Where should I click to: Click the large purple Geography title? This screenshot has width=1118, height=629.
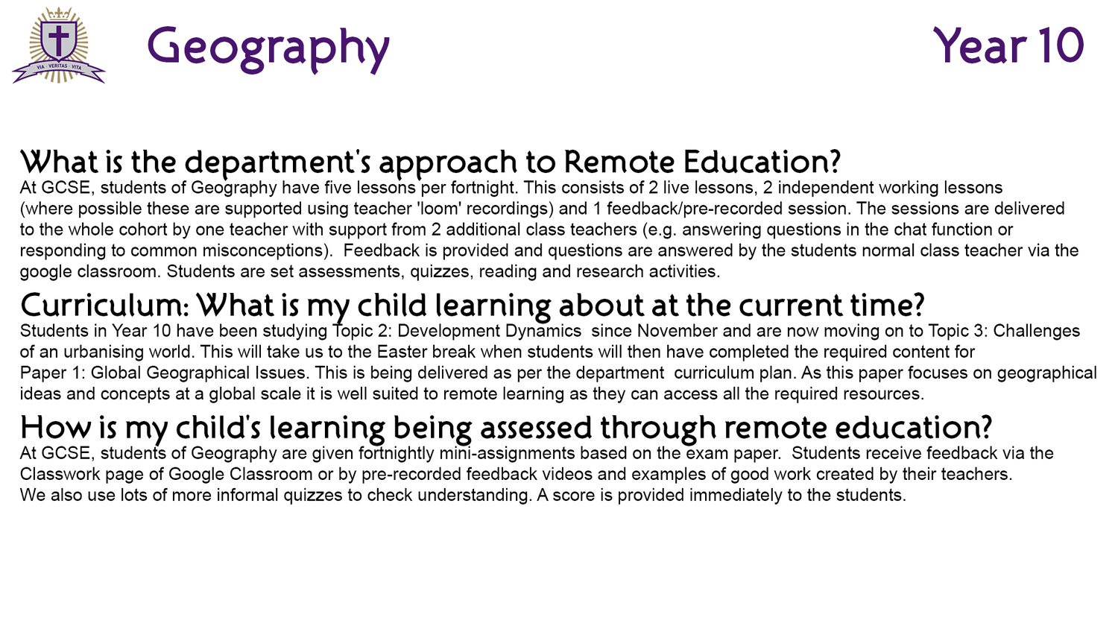click(268, 49)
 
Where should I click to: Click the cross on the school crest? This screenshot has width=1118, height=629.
click(59, 39)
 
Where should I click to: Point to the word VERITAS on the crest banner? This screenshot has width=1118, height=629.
click(58, 66)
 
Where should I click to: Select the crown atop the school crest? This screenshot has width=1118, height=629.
click(59, 13)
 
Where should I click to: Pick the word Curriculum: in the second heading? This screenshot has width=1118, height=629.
click(105, 305)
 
